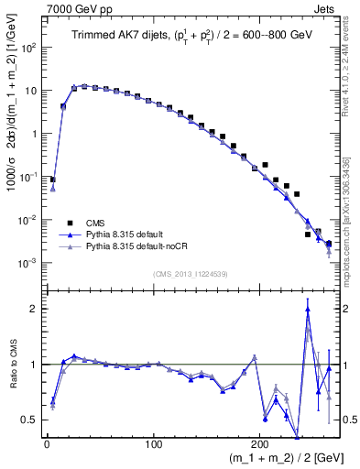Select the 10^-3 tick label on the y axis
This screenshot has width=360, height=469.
pyautogui.click(x=28, y=263)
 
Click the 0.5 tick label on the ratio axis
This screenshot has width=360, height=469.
pyautogui.click(x=29, y=420)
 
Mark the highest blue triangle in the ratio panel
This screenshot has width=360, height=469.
pyautogui.click(x=308, y=310)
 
